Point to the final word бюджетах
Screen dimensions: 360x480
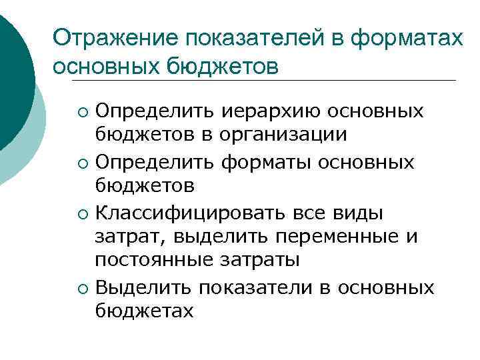point(145,311)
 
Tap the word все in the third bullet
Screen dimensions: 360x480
point(311,214)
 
